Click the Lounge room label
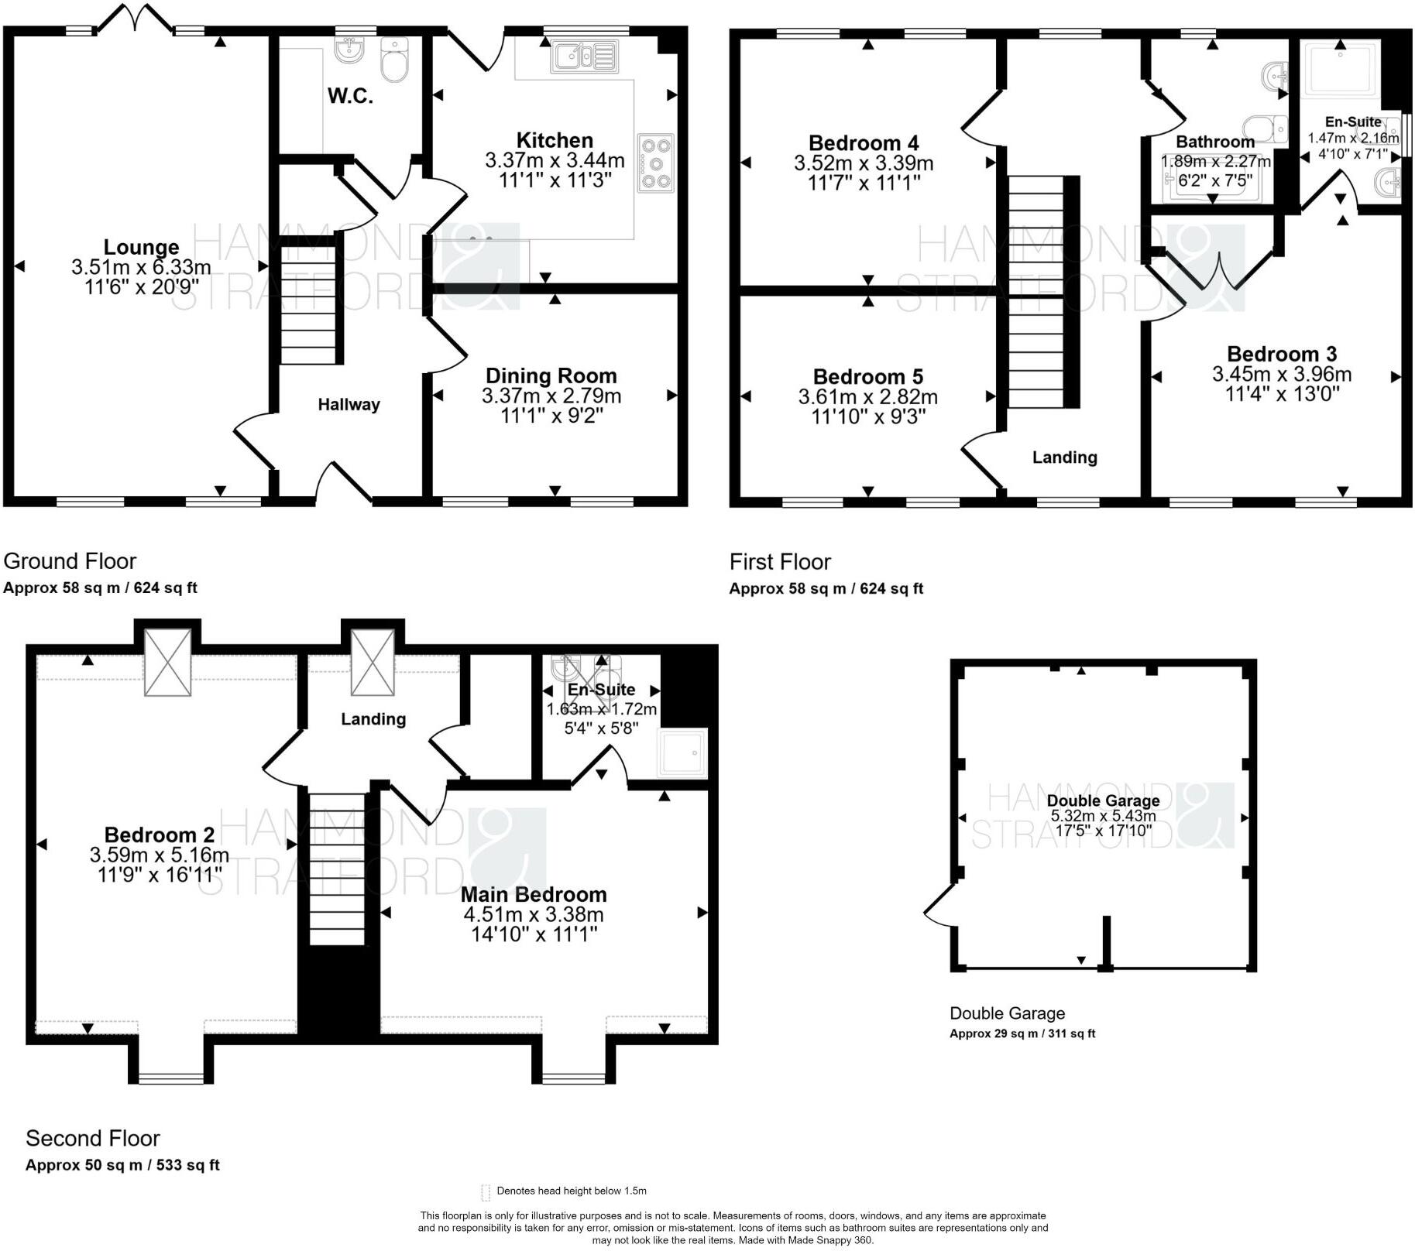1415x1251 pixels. click(141, 247)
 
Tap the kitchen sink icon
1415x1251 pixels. click(585, 56)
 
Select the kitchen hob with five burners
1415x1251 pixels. click(655, 163)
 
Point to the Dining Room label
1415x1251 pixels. click(551, 376)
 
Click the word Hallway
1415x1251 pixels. click(349, 404)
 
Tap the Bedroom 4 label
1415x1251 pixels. click(864, 143)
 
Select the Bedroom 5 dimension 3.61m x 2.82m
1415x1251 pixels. click(868, 397)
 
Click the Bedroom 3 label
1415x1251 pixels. click(1282, 355)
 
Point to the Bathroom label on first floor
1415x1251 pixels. click(1215, 142)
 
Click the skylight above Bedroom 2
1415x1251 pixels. click(168, 662)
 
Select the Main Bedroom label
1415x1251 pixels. click(534, 894)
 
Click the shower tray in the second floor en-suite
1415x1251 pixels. click(682, 752)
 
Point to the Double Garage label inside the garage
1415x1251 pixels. click(1103, 800)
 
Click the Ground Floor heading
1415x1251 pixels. click(70, 561)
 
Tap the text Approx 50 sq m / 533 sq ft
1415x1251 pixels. click(122, 1165)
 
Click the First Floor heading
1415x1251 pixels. click(780, 562)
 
